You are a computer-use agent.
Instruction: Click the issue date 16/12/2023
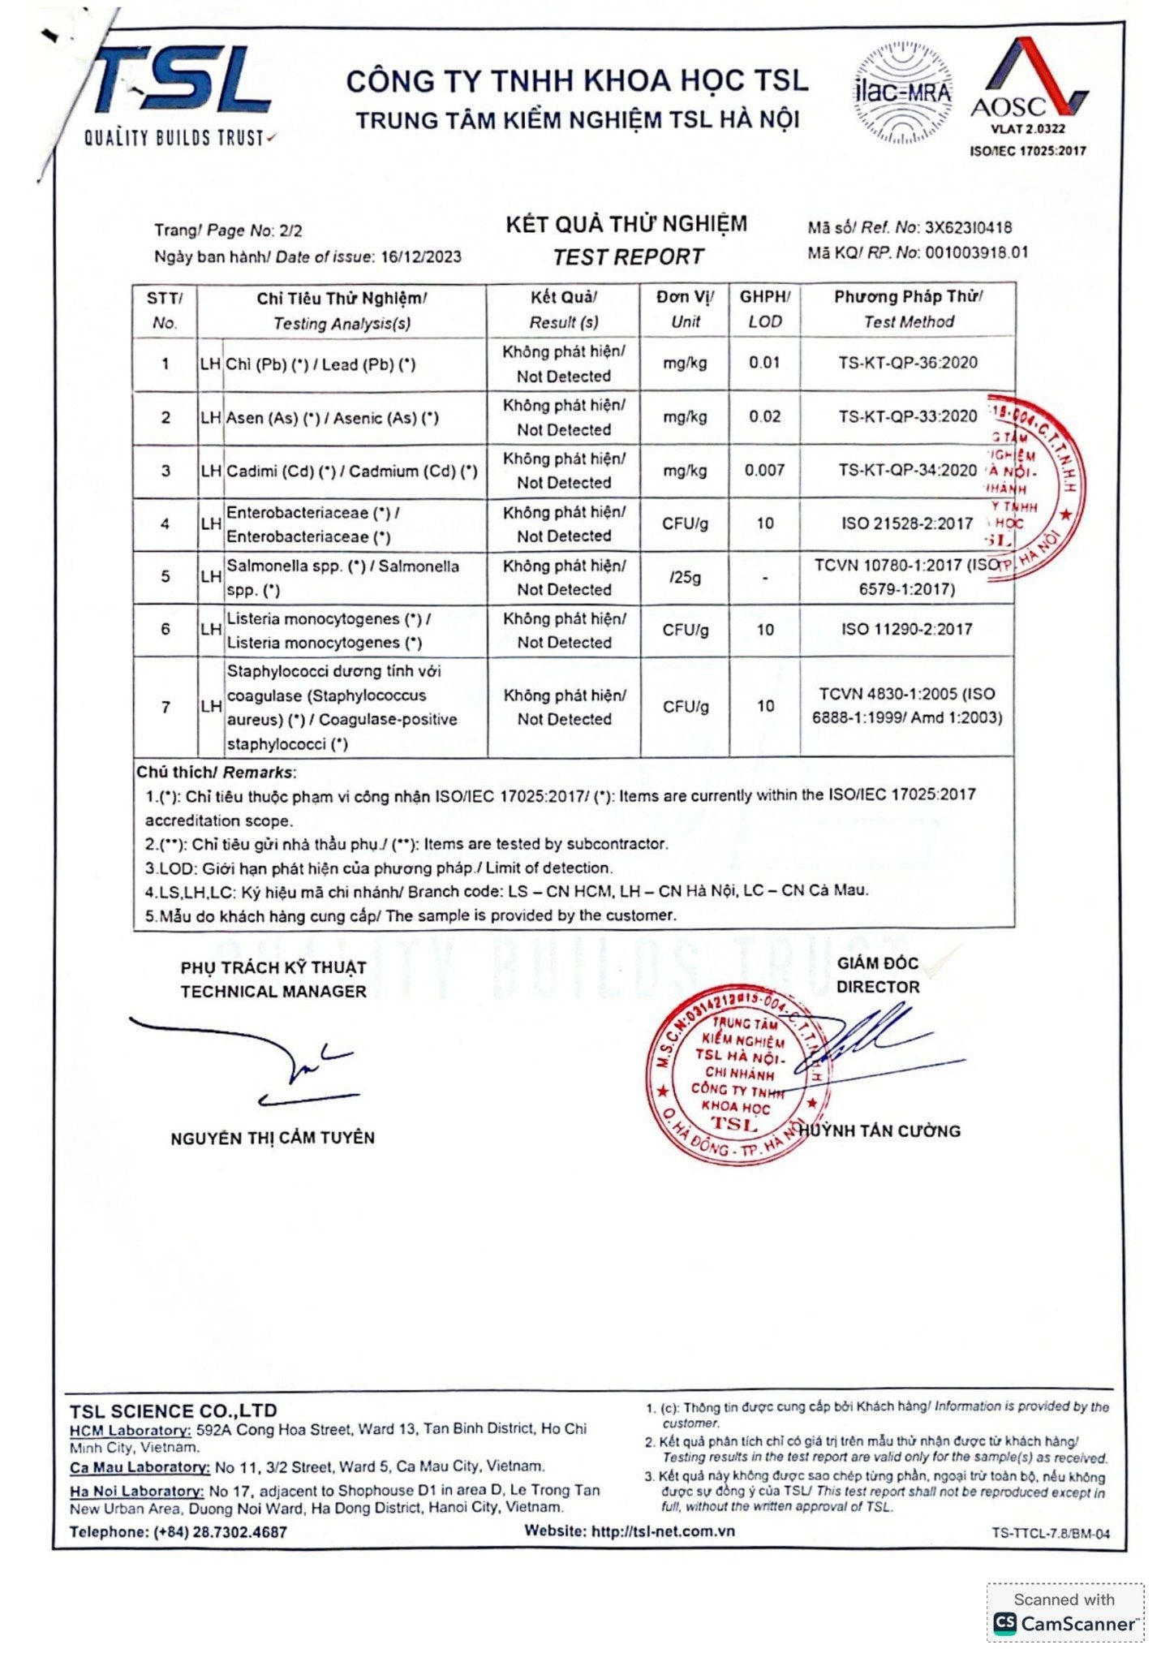(x=420, y=257)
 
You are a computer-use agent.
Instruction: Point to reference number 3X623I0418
(x=968, y=228)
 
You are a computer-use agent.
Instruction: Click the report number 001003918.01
(x=976, y=252)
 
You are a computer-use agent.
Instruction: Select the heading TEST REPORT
(x=627, y=257)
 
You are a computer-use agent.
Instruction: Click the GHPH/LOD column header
(x=764, y=309)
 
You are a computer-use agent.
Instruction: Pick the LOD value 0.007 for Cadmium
(x=764, y=471)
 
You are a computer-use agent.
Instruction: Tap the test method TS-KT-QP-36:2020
(x=907, y=363)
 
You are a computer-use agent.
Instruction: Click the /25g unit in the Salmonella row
(x=685, y=578)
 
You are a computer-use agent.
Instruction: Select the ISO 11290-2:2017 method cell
(x=906, y=630)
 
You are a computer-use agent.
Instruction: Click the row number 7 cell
(x=166, y=707)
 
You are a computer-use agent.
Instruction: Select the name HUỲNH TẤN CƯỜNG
(x=880, y=1130)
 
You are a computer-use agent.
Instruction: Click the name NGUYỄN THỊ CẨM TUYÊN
(x=273, y=1138)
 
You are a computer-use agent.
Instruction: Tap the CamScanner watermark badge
(x=1064, y=1613)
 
